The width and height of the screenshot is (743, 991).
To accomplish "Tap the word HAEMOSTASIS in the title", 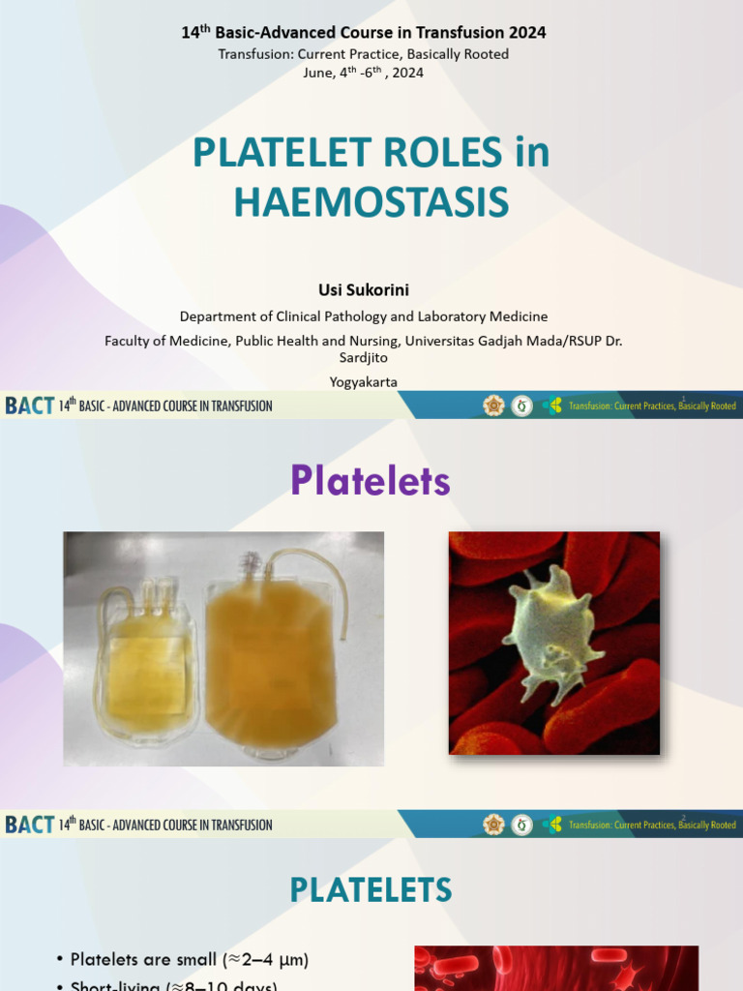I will point(371,201).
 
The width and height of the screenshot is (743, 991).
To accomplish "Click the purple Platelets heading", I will point(371,481).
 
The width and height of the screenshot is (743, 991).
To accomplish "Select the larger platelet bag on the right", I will point(270,658).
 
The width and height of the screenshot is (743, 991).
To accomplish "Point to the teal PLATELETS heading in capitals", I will point(371,889).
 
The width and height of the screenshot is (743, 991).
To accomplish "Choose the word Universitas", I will point(445,340).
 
